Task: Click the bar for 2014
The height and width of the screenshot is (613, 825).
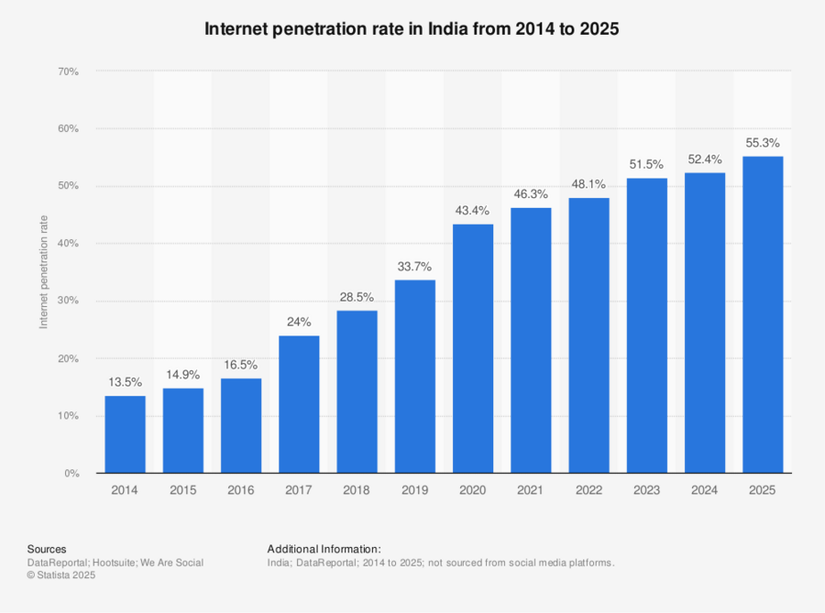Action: (x=125, y=434)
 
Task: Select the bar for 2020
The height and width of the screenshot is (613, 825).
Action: (x=473, y=348)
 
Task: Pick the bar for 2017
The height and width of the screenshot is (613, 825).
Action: (x=299, y=404)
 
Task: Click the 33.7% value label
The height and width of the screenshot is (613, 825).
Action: (x=414, y=267)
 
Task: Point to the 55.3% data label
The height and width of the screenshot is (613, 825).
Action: (x=763, y=143)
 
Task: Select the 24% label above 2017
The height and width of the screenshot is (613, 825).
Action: (x=299, y=323)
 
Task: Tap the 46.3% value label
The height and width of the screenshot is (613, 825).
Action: (x=531, y=194)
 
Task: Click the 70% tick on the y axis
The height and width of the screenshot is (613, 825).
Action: (x=68, y=71)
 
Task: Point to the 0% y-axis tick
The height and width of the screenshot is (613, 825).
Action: (x=71, y=474)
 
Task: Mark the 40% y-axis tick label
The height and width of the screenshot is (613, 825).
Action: (x=68, y=244)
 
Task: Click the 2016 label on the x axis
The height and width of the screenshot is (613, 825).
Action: (x=241, y=491)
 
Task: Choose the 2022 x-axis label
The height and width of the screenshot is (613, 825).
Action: (x=588, y=491)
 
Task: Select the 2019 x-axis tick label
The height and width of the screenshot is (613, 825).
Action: (x=414, y=491)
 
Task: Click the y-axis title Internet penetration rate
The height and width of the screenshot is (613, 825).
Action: (x=43, y=272)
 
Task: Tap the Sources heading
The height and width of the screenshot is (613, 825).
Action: (x=47, y=549)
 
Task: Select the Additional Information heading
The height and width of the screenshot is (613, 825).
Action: (x=324, y=549)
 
